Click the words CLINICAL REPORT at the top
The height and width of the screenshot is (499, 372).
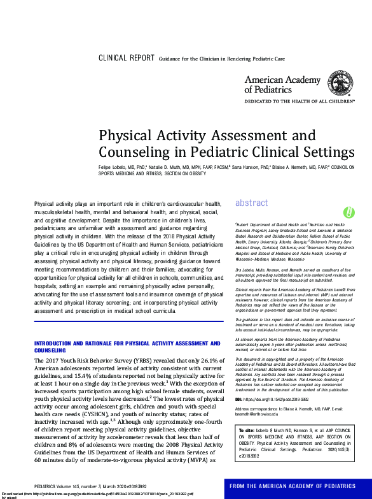127,58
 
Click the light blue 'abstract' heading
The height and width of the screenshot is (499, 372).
252,203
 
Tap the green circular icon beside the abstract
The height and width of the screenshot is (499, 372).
348,212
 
